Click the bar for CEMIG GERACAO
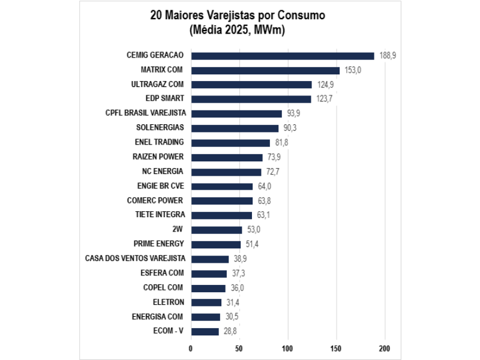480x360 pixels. (282, 56)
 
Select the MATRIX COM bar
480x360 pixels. (265, 70)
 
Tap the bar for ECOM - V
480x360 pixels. (205, 331)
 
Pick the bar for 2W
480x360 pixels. (217, 229)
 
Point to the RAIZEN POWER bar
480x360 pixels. (227, 157)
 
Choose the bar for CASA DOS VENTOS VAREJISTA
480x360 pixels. (209, 259)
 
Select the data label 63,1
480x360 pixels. (264, 215)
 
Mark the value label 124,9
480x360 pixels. (325, 85)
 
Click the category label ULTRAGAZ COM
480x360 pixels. (157, 84)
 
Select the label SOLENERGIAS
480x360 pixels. (160, 128)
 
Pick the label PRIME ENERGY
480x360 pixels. (158, 244)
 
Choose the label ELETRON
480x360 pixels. (169, 302)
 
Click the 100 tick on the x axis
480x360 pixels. (287, 348)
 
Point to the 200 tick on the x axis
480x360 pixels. (385, 348)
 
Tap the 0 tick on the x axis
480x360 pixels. (191, 348)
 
